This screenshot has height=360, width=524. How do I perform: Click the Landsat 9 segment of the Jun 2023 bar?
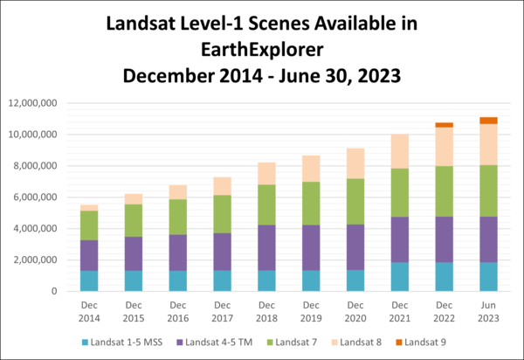pyautogui.click(x=488, y=121)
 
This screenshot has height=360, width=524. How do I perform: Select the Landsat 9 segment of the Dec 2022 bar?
pyautogui.click(x=444, y=125)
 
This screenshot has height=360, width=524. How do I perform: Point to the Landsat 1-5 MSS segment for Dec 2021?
pyautogui.click(x=399, y=276)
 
